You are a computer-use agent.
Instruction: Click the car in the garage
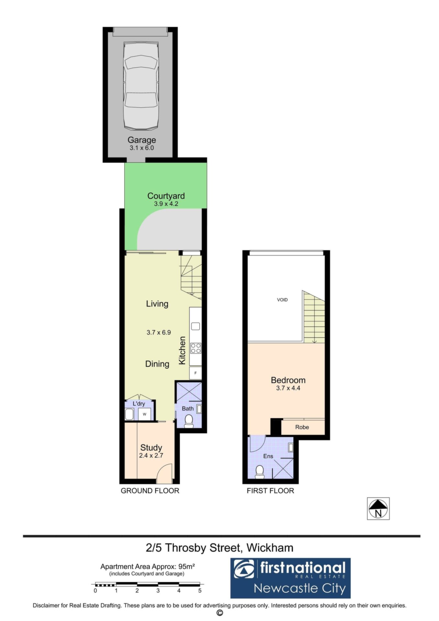pyautogui.click(x=141, y=85)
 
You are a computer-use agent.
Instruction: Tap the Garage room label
pyautogui.click(x=142, y=140)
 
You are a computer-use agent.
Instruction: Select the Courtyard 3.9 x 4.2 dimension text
pyautogui.click(x=166, y=204)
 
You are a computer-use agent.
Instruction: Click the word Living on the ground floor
pyautogui.click(x=157, y=304)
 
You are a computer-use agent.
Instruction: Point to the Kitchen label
pyautogui.click(x=182, y=351)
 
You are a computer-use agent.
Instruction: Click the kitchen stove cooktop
pyautogui.click(x=196, y=348)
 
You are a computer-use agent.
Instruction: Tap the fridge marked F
pyautogui.click(x=195, y=373)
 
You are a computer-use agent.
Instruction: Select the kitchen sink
pyautogui.click(x=195, y=326)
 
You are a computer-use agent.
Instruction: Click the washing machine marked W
pyautogui.click(x=145, y=414)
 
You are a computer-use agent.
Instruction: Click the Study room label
pyautogui.click(x=151, y=448)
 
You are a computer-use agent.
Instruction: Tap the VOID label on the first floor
pyautogui.click(x=282, y=300)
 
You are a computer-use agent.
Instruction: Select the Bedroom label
pyautogui.click(x=288, y=380)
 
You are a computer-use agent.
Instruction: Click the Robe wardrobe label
pyautogui.click(x=302, y=427)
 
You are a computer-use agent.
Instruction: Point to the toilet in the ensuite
pyautogui.click(x=260, y=472)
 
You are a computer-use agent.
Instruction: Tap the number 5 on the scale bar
pyautogui.click(x=200, y=590)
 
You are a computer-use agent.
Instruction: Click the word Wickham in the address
pyautogui.click(x=270, y=548)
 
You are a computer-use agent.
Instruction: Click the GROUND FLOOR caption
pyautogui.click(x=150, y=491)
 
